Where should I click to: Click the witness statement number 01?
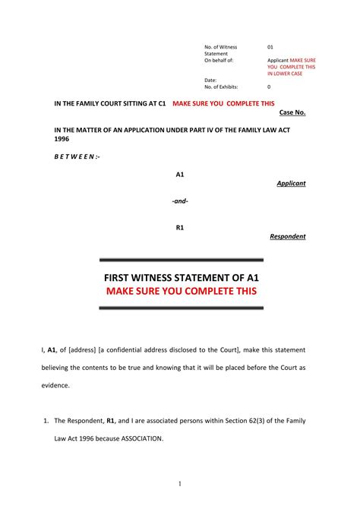270,47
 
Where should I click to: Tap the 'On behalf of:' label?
219,60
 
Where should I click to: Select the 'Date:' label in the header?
211,80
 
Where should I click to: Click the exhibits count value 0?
269,87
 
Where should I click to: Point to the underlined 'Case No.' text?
292,112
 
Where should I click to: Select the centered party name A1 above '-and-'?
180,175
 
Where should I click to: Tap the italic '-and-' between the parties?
180,201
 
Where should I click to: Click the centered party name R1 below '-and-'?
180,227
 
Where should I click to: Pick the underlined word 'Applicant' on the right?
291,184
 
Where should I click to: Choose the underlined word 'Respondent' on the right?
288,236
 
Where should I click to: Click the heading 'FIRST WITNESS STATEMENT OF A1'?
182,278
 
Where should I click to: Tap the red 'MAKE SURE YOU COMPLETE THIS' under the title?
182,292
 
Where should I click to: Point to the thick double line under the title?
182,308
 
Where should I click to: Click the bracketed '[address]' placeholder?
87,349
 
